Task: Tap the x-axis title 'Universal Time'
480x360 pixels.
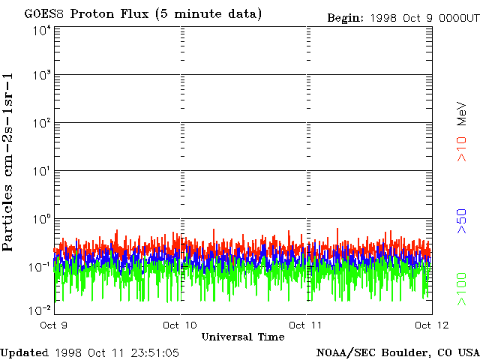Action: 243,337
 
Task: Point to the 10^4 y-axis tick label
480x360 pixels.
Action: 40,31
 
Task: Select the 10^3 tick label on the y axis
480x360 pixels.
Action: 40,76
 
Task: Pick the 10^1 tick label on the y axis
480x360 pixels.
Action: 40,172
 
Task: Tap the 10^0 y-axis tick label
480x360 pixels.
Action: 40,220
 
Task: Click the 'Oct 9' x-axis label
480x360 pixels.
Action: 53,325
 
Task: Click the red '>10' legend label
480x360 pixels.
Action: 463,149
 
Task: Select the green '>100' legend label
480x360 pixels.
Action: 463,289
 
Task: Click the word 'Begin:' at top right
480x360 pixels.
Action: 343,17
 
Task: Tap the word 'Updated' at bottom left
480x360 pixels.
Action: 24,352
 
